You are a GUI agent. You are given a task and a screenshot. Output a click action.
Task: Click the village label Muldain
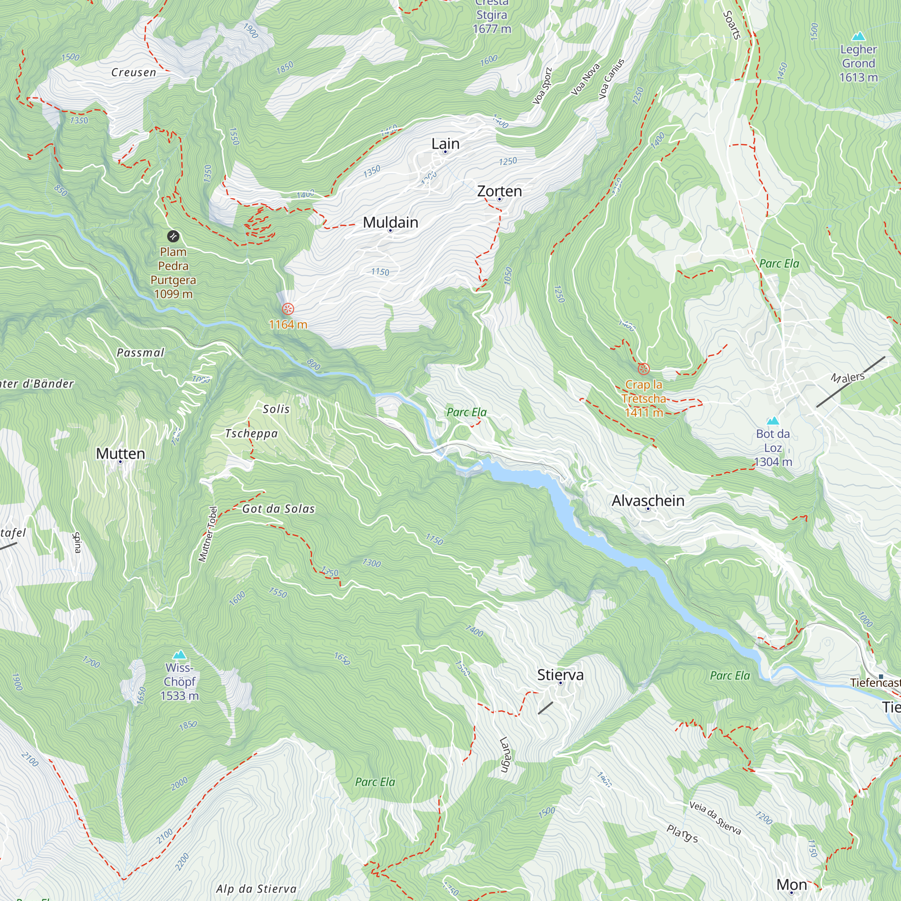(x=390, y=223)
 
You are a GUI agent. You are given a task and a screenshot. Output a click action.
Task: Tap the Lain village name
(x=446, y=144)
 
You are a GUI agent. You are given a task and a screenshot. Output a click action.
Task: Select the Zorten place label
(x=499, y=191)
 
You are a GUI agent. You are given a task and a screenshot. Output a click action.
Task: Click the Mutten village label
(x=120, y=453)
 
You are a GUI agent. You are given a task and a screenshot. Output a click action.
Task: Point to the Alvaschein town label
(x=648, y=501)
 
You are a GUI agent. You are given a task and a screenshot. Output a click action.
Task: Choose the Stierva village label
(x=560, y=674)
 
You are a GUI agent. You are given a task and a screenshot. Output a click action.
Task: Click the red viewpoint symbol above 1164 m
(x=288, y=309)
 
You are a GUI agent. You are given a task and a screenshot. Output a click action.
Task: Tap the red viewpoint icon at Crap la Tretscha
(x=644, y=369)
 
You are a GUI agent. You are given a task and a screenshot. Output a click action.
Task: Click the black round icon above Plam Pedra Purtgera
(x=173, y=237)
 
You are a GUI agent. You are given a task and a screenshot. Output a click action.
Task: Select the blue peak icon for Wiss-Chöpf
(x=180, y=655)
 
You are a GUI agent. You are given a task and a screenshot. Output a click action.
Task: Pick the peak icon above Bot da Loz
(x=773, y=421)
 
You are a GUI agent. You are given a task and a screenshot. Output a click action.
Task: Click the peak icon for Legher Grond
(x=858, y=36)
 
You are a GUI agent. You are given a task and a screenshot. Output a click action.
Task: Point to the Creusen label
(x=133, y=72)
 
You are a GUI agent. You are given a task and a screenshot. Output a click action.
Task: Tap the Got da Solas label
(x=278, y=509)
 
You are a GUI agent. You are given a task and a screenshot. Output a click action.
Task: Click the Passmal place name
(x=141, y=353)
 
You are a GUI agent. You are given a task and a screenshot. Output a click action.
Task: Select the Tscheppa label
(x=251, y=433)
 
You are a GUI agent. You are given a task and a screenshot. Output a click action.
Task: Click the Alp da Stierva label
(x=256, y=888)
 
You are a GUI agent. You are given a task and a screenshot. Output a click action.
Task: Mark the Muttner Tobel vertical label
(x=208, y=533)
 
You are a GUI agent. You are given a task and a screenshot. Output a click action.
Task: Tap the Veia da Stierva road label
(x=715, y=818)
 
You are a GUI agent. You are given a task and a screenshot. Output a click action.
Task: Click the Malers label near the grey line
(x=847, y=377)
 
